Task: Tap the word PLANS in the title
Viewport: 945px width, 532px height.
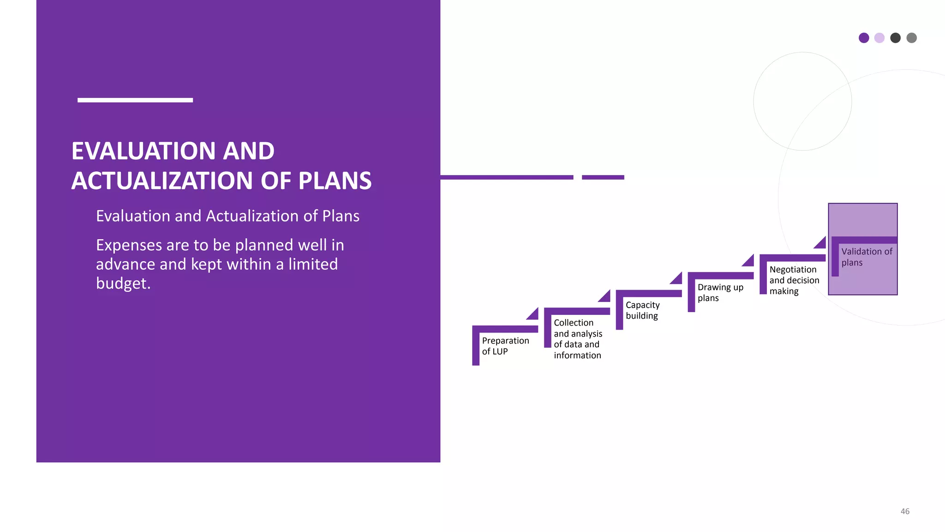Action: point(335,181)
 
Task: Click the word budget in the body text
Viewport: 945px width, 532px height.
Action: point(123,284)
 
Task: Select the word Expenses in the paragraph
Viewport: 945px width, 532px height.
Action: point(129,245)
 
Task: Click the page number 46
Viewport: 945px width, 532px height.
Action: point(905,511)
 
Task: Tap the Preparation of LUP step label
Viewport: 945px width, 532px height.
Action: point(505,346)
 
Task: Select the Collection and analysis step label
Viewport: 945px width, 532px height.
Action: point(577,339)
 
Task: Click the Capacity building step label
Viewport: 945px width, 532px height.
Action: point(642,310)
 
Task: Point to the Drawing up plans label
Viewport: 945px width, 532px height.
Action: point(720,292)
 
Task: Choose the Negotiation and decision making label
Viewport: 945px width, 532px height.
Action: point(794,280)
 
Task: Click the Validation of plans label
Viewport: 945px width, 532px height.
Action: point(866,257)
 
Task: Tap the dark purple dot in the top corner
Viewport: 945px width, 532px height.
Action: point(864,38)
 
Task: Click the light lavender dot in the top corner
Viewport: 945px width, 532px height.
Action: point(879,38)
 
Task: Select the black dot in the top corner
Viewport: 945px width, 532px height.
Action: point(895,38)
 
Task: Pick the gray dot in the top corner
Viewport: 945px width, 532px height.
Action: point(911,38)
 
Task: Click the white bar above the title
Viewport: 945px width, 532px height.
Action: point(135,100)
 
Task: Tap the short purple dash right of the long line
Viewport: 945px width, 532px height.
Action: point(603,177)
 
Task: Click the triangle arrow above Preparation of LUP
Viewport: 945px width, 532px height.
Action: point(534,315)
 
